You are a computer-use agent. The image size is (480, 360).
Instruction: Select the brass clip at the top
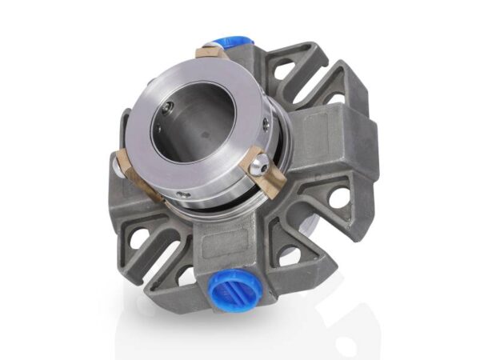coord(211,54)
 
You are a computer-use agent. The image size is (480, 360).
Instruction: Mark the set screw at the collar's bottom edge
coord(185,194)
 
